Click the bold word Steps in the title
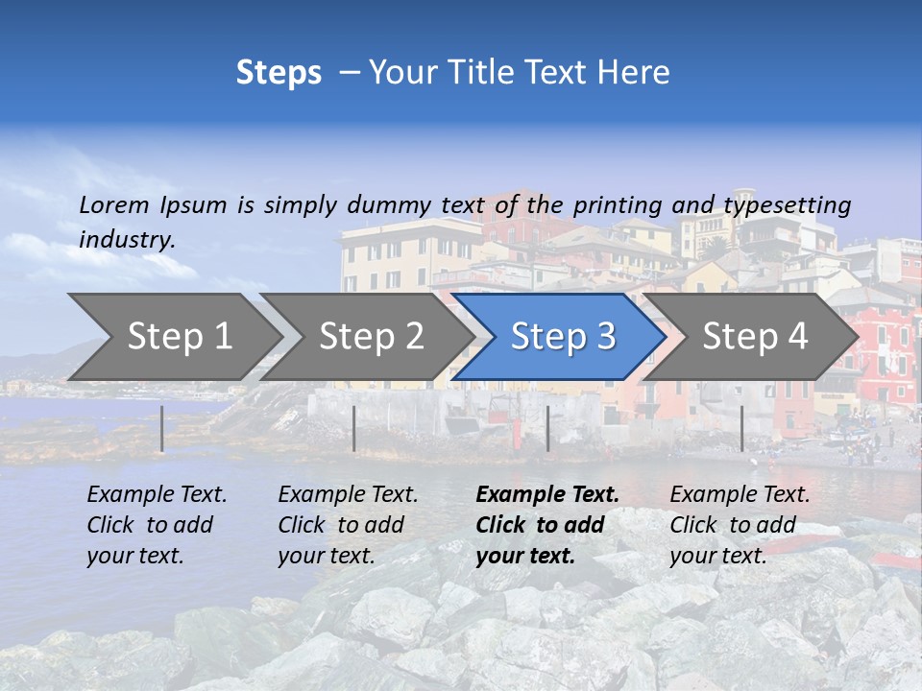pyautogui.click(x=279, y=73)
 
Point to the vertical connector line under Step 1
pyautogui.click(x=162, y=428)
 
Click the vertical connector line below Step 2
pyautogui.click(x=354, y=428)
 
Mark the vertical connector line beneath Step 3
pyautogui.click(x=547, y=428)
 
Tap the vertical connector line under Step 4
pyautogui.click(x=741, y=428)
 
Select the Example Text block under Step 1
pyautogui.click(x=157, y=525)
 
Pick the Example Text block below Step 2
pyautogui.click(x=348, y=525)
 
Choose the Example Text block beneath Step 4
pyautogui.click(x=740, y=525)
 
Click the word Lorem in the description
pyautogui.click(x=114, y=205)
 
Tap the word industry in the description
pyautogui.click(x=127, y=240)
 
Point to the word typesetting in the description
pyautogui.click(x=787, y=205)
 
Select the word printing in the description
pyautogui.click(x=611, y=205)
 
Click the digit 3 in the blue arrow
pyautogui.click(x=605, y=337)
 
